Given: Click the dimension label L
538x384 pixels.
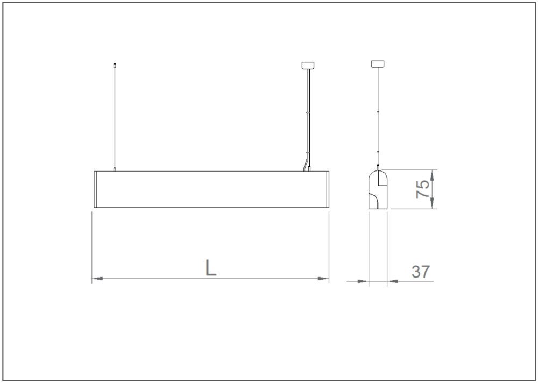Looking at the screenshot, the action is point(211,267).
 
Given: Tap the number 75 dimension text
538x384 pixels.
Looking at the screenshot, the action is point(422,189).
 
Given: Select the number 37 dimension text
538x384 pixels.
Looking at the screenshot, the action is point(420,272).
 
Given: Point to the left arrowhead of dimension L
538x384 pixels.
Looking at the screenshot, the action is point(98,279).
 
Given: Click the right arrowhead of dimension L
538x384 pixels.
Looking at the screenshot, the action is point(323,279).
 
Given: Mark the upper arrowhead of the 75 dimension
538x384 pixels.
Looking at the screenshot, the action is point(432,175).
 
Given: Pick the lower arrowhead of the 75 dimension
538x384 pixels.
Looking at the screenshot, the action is point(432,203).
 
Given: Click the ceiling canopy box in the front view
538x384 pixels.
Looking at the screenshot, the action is point(308,65).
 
